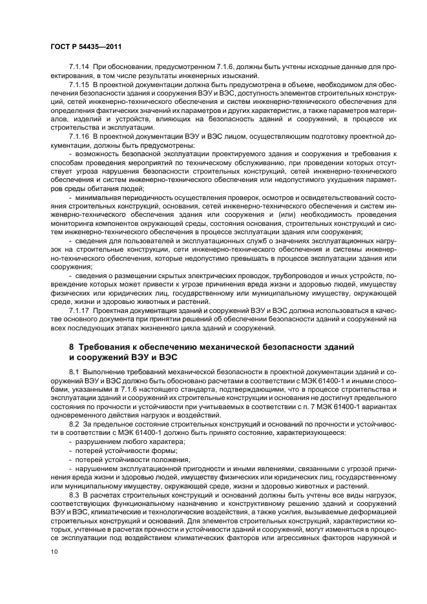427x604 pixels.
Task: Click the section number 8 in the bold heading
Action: tap(72, 347)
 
